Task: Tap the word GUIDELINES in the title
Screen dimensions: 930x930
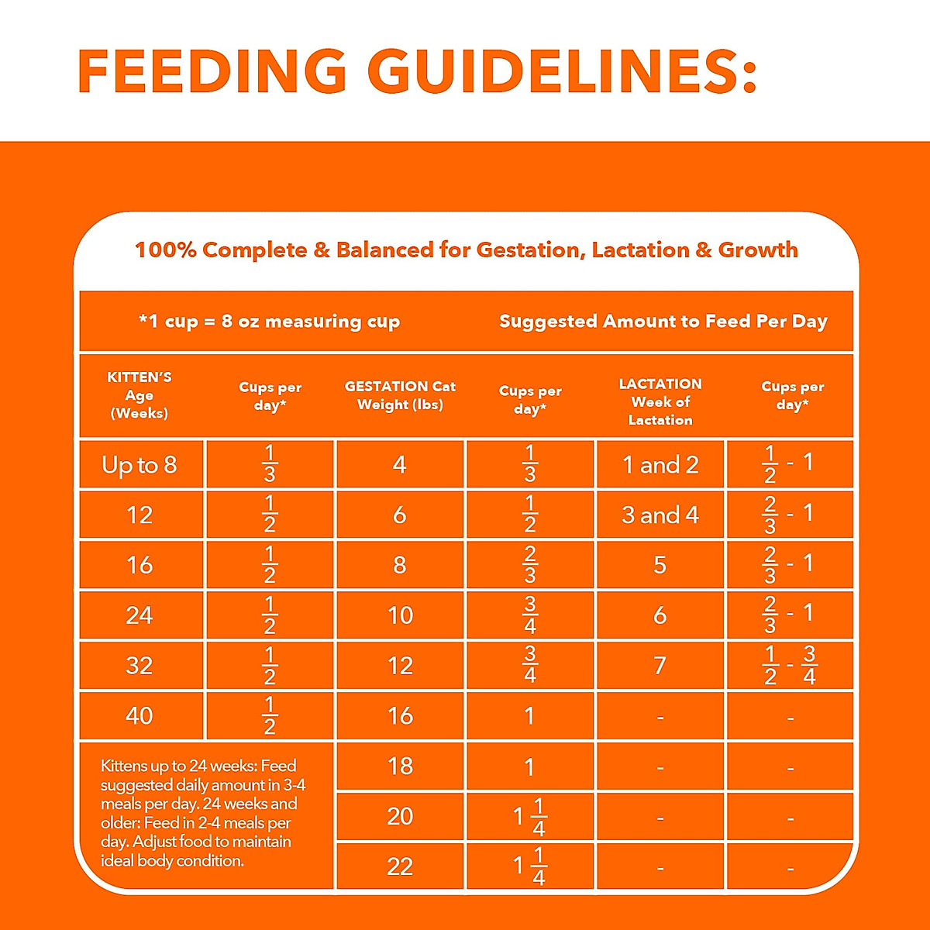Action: (561, 71)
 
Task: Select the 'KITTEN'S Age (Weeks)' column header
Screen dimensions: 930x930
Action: (139, 395)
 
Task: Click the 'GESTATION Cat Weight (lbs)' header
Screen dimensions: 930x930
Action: (400, 395)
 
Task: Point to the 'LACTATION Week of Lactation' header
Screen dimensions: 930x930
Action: (660, 401)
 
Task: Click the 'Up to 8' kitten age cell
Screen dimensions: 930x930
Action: (139, 465)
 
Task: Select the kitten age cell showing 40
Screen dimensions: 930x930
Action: (139, 715)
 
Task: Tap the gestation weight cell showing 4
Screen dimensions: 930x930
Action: (400, 465)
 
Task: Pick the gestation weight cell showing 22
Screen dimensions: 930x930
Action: (400, 866)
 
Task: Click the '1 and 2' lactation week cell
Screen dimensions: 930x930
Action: (660, 465)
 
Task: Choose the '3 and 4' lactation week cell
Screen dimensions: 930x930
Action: (660, 515)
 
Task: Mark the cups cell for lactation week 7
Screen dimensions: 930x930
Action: (790, 665)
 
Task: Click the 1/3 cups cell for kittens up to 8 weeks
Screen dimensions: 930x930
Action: (270, 463)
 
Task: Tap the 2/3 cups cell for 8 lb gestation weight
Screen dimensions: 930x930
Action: (530, 564)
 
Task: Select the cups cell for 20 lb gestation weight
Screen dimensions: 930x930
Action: (530, 817)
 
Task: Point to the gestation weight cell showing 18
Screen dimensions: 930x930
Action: (400, 766)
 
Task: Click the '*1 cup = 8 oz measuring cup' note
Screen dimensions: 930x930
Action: (269, 322)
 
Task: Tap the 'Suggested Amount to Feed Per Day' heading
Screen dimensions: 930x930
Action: (663, 322)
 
